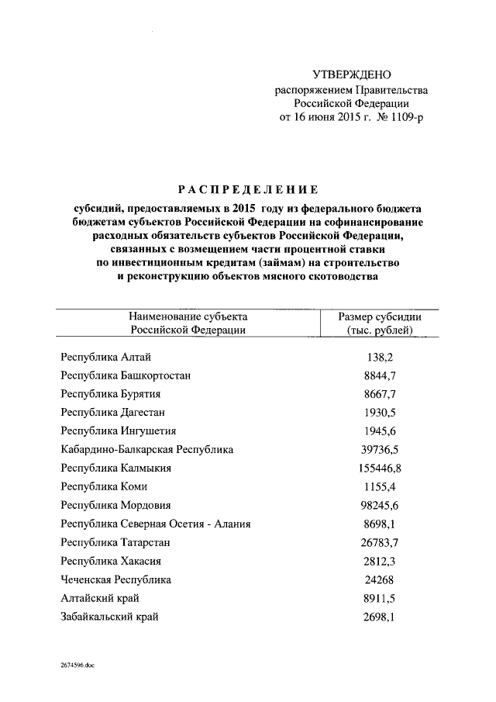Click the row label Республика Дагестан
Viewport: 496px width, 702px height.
coord(112,413)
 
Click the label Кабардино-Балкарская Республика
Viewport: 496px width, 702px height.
coord(146,450)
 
